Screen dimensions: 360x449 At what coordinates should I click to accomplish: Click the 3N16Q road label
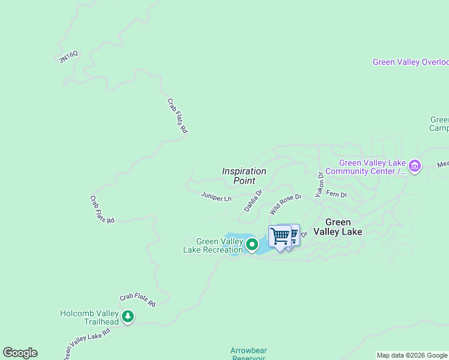click(x=68, y=58)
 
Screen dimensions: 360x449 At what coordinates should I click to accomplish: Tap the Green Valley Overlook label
click(x=411, y=62)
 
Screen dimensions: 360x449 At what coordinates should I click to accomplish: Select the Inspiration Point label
click(x=244, y=176)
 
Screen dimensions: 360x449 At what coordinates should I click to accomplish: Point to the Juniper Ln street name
click(x=216, y=197)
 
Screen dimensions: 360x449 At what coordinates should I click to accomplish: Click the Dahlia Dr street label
click(x=253, y=201)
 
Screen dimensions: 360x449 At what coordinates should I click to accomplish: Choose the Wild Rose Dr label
click(x=285, y=205)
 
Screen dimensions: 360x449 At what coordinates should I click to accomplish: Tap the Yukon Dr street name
click(x=320, y=184)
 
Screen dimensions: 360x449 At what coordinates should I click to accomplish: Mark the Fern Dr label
click(x=336, y=194)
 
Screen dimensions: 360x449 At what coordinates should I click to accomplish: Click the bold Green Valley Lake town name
click(x=343, y=227)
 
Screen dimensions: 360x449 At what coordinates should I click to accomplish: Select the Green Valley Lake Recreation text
click(x=213, y=245)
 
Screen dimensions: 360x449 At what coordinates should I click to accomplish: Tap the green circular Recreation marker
click(x=252, y=244)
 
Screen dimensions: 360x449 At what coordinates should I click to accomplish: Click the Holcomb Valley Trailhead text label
click(x=89, y=317)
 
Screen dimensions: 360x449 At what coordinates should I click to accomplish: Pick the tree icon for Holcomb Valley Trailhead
click(x=127, y=316)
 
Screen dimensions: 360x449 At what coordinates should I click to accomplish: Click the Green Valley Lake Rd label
click(x=87, y=343)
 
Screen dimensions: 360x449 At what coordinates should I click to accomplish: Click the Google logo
click(x=20, y=353)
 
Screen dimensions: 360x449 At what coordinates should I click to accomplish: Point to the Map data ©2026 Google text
click(x=412, y=355)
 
